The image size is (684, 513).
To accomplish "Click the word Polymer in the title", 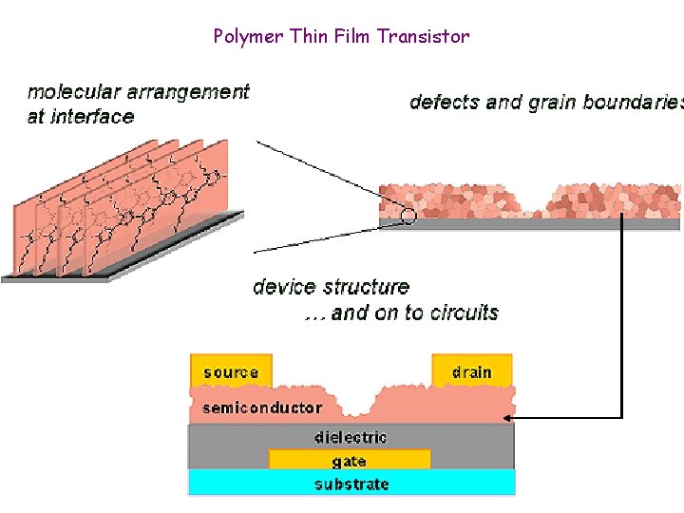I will [x=245, y=37].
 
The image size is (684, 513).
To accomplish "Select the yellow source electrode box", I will [x=231, y=371].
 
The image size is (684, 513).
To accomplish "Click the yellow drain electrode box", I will [x=472, y=370].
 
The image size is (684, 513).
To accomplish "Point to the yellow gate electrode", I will [x=350, y=461].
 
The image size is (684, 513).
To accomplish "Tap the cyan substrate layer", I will [x=351, y=484].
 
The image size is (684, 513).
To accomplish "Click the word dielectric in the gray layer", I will [x=351, y=437].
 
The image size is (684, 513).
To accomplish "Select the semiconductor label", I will [x=262, y=408].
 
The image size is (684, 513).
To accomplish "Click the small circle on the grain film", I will [x=408, y=216].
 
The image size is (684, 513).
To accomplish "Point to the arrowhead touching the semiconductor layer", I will [x=508, y=417].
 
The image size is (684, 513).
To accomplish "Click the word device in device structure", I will [x=286, y=287].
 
